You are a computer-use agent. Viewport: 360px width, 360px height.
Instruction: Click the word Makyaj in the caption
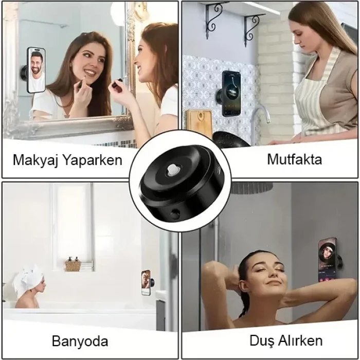pyautogui.click(x=35, y=160)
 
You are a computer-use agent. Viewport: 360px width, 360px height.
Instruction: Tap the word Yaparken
pyautogui.click(x=91, y=160)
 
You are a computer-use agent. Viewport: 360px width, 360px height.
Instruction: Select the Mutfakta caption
pyautogui.click(x=294, y=159)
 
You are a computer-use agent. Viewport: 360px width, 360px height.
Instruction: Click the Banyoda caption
pyautogui.click(x=80, y=341)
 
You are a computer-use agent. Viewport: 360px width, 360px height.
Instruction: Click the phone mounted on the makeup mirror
pyautogui.click(x=35, y=70)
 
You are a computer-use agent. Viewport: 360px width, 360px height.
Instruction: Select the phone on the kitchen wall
pyautogui.click(x=231, y=93)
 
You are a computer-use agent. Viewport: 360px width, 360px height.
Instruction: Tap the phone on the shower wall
pyautogui.click(x=327, y=260)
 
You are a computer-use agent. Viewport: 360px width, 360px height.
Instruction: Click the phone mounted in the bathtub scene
pyautogui.click(x=146, y=282)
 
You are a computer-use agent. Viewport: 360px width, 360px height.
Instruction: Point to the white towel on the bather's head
pyautogui.click(x=28, y=277)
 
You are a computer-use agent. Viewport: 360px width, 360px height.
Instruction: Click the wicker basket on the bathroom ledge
pyautogui.click(x=73, y=265)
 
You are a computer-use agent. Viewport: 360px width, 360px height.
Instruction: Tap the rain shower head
pyautogui.click(x=251, y=188)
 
